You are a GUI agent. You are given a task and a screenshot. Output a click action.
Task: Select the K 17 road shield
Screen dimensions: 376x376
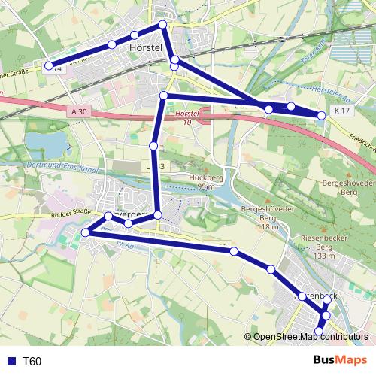(x=343, y=111)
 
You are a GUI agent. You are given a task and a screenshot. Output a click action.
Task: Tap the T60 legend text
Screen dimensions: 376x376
(x=32, y=362)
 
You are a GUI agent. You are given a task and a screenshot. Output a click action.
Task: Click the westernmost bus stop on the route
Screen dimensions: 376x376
(x=49, y=66)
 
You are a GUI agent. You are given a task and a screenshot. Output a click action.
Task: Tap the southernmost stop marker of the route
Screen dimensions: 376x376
(x=319, y=331)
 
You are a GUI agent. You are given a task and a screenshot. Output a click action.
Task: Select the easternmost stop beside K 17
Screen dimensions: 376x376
(x=322, y=115)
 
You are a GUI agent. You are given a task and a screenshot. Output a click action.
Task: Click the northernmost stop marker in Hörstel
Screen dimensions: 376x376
(x=162, y=25)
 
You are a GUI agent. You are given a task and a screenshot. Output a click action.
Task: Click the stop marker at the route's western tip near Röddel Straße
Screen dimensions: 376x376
(x=85, y=232)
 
